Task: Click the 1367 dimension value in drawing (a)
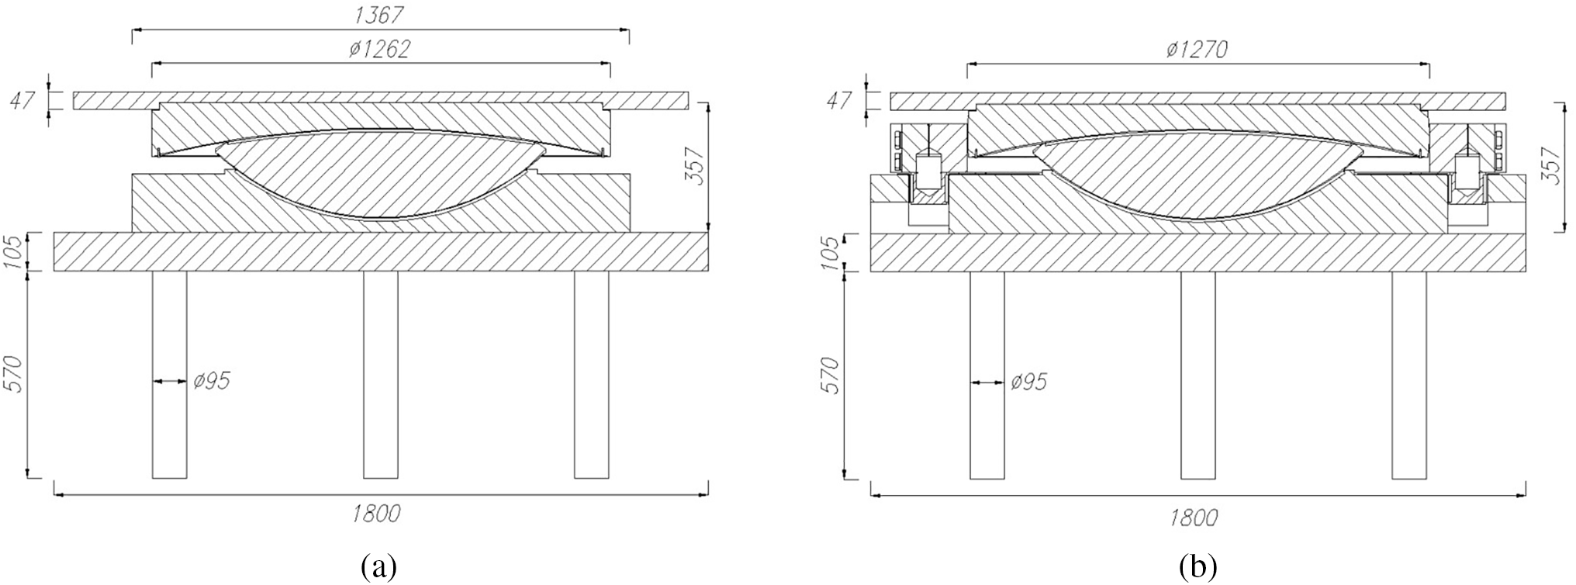click(379, 15)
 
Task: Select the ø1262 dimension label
click(378, 49)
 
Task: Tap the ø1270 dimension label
click(1197, 49)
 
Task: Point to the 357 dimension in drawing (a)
click(696, 166)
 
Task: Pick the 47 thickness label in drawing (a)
click(22, 101)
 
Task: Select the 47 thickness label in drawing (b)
click(839, 101)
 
